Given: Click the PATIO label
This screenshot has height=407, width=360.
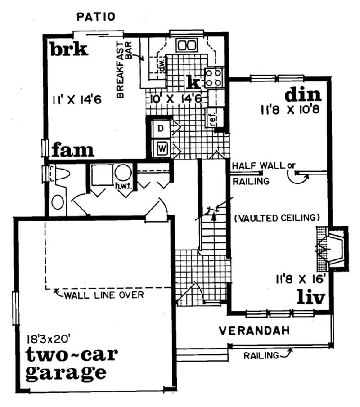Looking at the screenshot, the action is click(96, 17).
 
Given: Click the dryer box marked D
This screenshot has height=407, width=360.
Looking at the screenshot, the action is click(161, 129).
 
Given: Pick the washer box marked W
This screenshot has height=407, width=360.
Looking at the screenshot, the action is click(162, 148).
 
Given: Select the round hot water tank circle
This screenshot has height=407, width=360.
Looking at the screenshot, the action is click(123, 172).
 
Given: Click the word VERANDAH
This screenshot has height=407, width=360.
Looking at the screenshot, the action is click(254, 331).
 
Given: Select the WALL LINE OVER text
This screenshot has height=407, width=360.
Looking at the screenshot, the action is click(103, 295).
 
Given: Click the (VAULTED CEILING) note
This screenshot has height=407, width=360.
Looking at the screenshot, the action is click(277, 218).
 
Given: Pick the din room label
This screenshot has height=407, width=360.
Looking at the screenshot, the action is click(303, 95).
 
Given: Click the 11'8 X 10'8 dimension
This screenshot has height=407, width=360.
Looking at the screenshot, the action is click(290, 110).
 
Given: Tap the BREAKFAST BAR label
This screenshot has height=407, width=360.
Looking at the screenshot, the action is click(124, 70).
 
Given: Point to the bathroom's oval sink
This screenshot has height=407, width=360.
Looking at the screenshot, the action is click(58, 202).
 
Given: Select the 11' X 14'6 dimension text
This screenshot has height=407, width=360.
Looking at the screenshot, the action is click(77, 100).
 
